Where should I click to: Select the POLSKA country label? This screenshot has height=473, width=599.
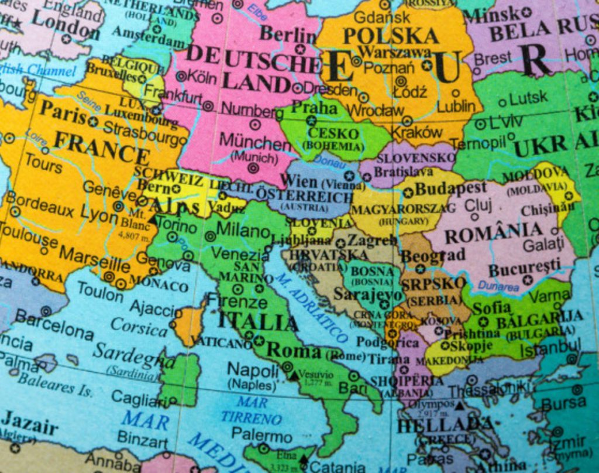coord(390,36)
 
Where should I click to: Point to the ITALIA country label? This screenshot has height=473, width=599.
coord(257,321)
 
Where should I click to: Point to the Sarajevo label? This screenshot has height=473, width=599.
coord(360,294)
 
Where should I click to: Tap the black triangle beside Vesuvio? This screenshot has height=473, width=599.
coord(294,375)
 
